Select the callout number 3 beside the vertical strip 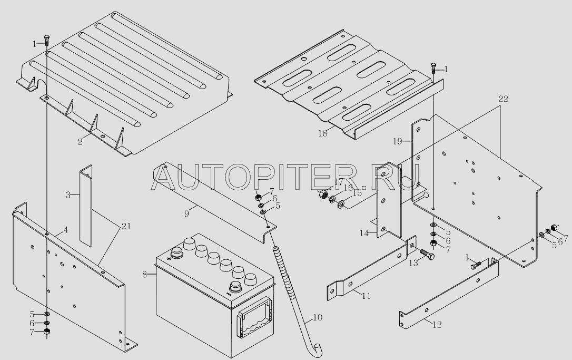(x=68, y=195)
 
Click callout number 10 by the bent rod (x=318, y=318)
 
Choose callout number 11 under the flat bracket (x=366, y=296)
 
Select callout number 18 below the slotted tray (x=322, y=133)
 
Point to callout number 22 (x=502, y=100)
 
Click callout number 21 (x=125, y=227)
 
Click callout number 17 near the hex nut (x=338, y=182)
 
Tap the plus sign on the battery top (x=170, y=259)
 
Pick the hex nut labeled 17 (x=322, y=196)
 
